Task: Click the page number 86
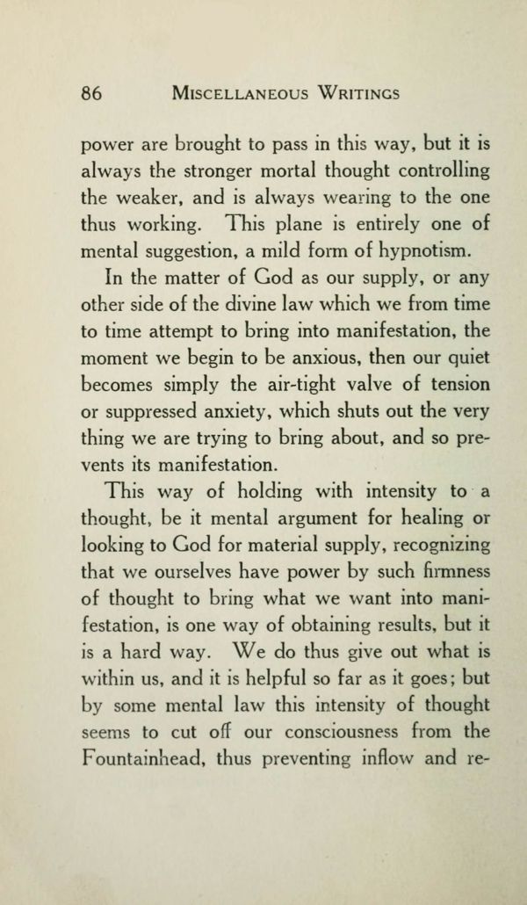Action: click(x=91, y=92)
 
